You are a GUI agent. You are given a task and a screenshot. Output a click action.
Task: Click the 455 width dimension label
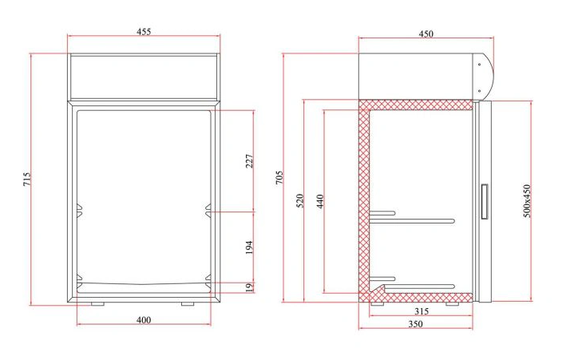144,32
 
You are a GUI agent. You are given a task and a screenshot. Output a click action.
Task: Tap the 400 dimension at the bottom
144,320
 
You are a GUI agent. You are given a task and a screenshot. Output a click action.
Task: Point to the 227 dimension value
249,160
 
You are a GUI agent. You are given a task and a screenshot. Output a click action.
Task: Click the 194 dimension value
249,247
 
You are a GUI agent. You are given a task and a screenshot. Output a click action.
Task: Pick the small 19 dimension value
249,287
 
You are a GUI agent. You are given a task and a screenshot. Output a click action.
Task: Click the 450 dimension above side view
426,34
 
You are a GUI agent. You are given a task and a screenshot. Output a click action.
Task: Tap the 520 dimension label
300,200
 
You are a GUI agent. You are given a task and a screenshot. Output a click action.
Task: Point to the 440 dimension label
319,200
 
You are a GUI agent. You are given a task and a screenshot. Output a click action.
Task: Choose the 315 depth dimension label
423,311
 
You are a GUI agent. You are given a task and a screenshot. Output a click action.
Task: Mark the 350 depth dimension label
416,324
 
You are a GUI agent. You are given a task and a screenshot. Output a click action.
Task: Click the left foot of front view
97,303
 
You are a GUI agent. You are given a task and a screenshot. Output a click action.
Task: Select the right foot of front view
187,303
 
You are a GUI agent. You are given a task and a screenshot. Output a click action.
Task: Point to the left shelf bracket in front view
78,211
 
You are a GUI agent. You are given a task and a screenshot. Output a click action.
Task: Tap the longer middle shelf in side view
415,220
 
